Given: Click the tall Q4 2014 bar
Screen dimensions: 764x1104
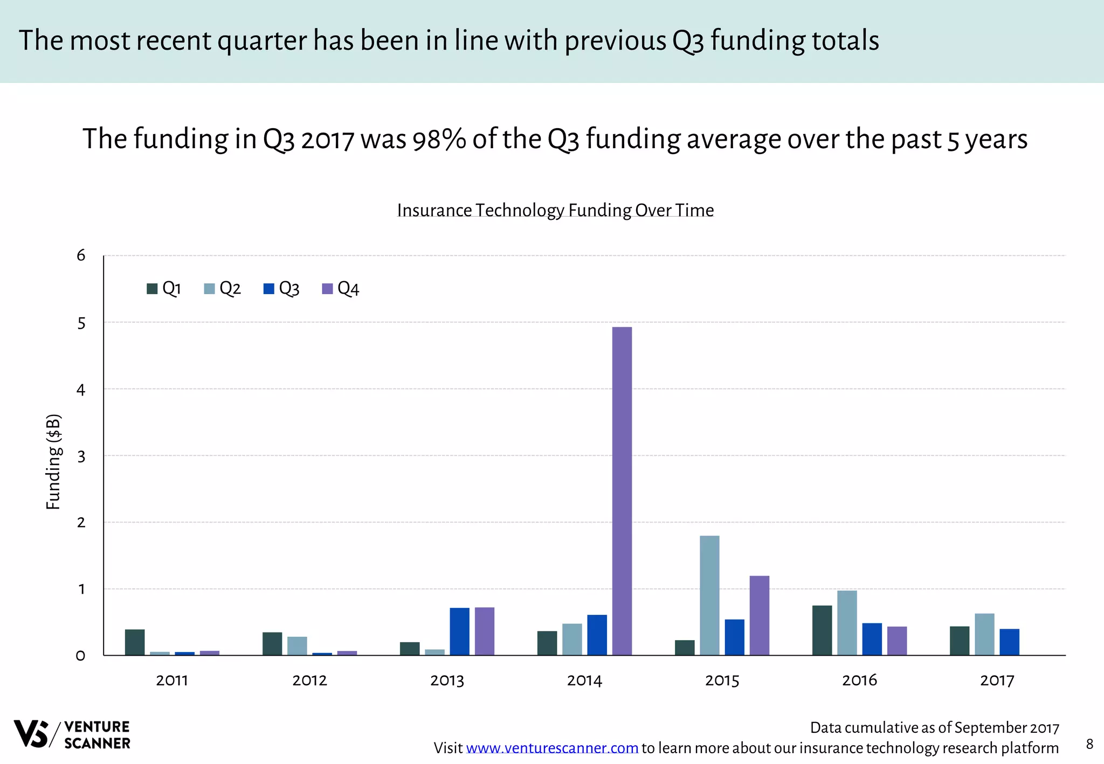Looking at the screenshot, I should pos(622,490).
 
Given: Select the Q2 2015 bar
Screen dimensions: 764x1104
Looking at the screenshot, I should pos(709,595).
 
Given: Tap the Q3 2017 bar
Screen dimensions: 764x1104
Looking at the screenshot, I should pos(1009,642).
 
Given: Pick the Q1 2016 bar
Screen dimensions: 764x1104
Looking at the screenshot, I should pos(822,630).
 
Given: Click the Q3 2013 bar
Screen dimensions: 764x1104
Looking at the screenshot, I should pos(459,631).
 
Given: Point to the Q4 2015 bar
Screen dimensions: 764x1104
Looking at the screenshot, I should pos(759,615).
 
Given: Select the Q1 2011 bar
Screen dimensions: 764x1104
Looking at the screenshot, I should pos(135,642).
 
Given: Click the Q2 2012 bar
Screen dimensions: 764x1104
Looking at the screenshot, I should pos(297,646).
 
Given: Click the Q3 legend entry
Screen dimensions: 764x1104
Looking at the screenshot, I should pos(281,289).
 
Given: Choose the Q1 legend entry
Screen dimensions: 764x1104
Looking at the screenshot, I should pos(164,289).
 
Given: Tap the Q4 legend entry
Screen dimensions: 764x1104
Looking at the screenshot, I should pos(341,289).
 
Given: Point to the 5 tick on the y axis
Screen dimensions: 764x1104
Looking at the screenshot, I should pos(81,323).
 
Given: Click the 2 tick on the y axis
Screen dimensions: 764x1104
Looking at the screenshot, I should pos(81,522).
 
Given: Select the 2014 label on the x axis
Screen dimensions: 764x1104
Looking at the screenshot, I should pos(584,680).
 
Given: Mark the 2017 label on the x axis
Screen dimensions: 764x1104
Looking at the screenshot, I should pos(997,680).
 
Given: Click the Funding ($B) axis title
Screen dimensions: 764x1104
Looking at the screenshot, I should pos(53,462).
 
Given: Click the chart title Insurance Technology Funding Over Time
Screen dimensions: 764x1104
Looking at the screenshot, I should pos(555,210).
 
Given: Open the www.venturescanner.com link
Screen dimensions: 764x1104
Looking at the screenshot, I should pos(552,748).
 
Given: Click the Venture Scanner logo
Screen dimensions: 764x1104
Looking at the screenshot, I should pos(72,734).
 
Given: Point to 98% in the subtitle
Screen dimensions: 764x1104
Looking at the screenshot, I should pos(439,139).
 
